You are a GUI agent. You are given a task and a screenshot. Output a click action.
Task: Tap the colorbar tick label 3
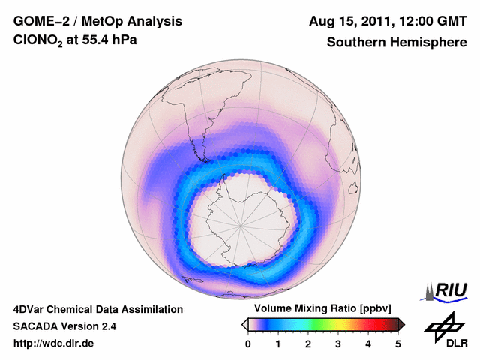coord(338,343)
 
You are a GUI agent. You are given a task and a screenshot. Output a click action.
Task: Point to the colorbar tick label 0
coord(248,343)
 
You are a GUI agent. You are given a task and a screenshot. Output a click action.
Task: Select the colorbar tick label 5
coord(398,343)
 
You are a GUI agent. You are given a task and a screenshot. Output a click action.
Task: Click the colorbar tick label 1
coord(278,343)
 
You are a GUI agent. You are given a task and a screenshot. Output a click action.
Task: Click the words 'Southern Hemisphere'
coord(397,43)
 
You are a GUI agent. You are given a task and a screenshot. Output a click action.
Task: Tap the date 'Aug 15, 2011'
coord(350,20)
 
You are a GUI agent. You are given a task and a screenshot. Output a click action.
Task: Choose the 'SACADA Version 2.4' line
coord(64,326)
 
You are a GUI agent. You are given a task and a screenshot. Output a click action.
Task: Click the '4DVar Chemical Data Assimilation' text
coord(97,309)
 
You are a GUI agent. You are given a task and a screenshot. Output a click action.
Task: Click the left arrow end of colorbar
coord(244,324)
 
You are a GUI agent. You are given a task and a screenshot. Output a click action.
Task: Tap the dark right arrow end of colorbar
coord(401,324)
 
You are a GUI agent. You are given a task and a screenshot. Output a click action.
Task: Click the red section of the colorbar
coord(367,324)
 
